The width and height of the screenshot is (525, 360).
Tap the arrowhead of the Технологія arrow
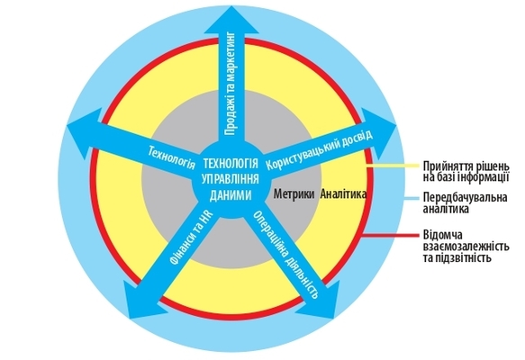[x=85, y=132]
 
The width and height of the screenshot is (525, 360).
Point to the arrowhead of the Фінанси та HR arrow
[x=141, y=300]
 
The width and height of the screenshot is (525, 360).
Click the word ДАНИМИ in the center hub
[x=231, y=194]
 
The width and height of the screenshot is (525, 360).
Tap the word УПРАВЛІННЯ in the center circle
[x=231, y=179]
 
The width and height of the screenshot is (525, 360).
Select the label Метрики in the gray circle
[x=294, y=194]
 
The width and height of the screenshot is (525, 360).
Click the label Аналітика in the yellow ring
[x=343, y=194]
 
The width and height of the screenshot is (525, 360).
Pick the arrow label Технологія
[x=172, y=157]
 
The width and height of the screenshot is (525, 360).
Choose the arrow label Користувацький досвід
[x=319, y=150]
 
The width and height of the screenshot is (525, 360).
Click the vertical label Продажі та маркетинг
[x=231, y=84]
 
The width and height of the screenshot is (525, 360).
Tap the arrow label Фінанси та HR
[x=189, y=239]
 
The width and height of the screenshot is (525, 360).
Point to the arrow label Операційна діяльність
[x=285, y=255]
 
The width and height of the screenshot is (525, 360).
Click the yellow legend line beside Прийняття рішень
[x=393, y=166]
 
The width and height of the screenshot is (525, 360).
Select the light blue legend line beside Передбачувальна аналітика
[x=412, y=199]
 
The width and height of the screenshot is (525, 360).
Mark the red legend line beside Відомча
[x=391, y=236]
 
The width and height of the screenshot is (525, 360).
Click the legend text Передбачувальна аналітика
[x=465, y=203]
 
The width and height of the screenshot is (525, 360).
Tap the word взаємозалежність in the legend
[x=466, y=247]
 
